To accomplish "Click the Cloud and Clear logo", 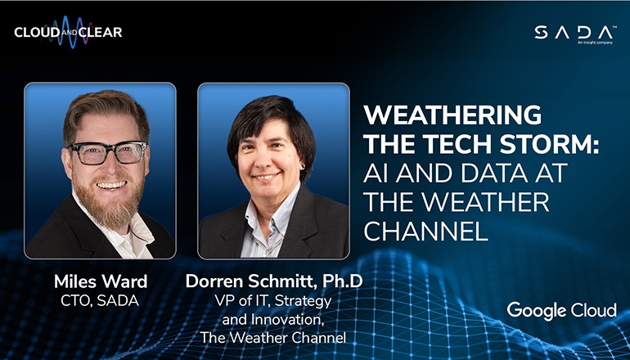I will (x=68, y=33).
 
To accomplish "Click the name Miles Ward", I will (x=100, y=281).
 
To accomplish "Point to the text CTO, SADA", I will (x=100, y=300).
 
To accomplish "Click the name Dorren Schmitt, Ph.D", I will (x=273, y=281).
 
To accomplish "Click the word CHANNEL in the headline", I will (x=425, y=231).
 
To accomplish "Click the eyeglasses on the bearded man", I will (x=107, y=153).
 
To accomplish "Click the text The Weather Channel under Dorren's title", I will (x=273, y=336).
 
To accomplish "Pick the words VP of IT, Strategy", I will (x=273, y=301).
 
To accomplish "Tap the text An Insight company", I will (x=595, y=42).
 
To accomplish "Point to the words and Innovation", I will (x=273, y=318).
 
